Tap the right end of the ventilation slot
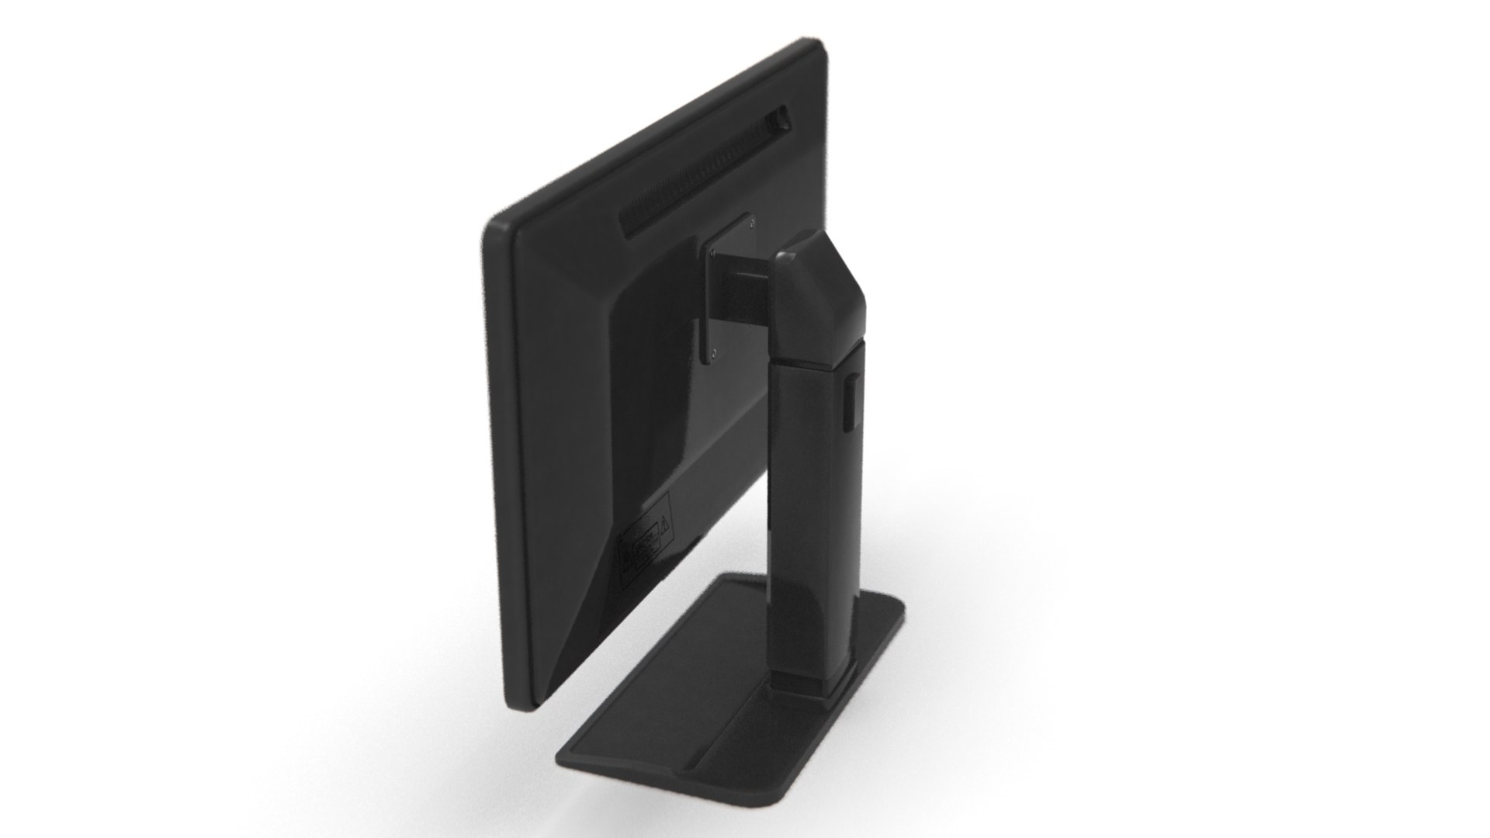(x=779, y=120)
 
